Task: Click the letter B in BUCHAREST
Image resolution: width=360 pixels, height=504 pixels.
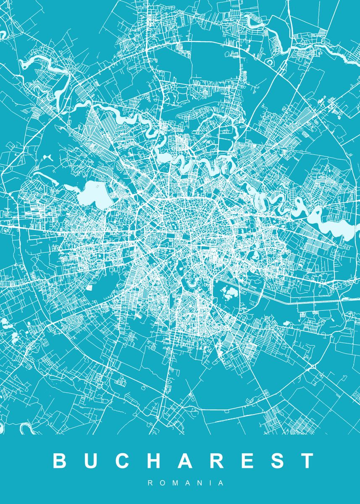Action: tap(60, 460)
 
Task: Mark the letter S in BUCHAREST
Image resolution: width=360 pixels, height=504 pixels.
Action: tap(276, 460)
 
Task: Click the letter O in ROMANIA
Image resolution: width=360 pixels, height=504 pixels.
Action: tap(161, 483)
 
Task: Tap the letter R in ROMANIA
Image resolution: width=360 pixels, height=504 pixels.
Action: tap(150, 483)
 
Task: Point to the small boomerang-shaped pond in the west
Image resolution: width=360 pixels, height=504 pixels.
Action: tap(47, 158)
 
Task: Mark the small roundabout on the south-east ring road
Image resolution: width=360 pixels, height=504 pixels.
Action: tap(313, 367)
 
